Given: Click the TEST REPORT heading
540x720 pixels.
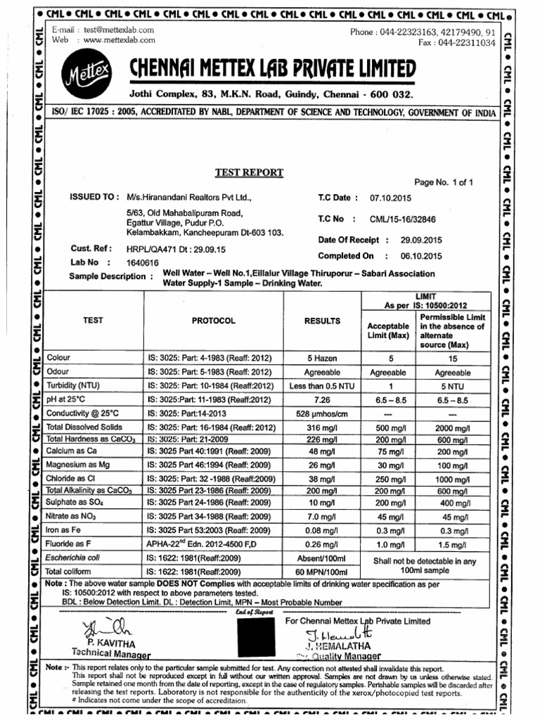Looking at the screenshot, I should tap(249, 172).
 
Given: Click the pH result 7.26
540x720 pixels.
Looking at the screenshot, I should tap(322, 399).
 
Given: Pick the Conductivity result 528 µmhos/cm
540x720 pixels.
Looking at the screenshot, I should tap(322, 413).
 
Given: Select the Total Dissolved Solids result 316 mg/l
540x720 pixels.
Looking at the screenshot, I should tap(322, 427).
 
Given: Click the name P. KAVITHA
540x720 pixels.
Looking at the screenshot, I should tap(111, 643).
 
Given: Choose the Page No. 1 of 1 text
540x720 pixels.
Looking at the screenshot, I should tap(444, 182).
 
